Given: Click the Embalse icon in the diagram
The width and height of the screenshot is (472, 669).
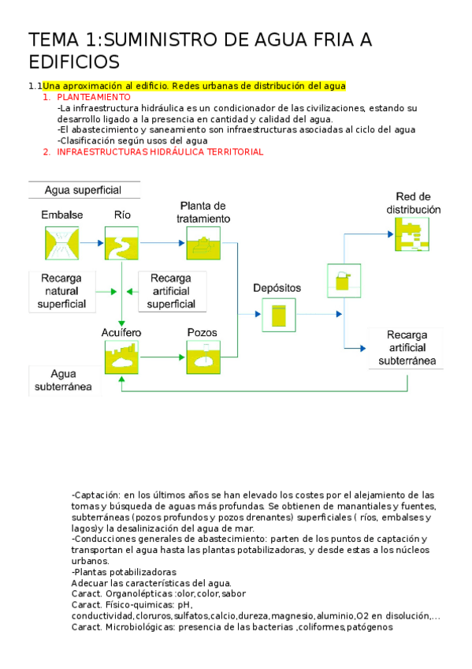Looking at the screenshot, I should click(x=61, y=243).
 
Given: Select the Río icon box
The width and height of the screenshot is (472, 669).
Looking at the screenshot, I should click(x=122, y=243).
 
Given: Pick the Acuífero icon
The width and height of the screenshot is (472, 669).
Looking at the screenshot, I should click(x=122, y=357).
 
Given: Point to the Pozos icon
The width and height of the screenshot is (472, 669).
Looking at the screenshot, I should click(x=203, y=357).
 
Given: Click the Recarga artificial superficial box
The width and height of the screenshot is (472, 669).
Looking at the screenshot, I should click(x=171, y=291).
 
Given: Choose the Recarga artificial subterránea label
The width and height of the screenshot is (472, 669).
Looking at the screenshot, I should click(x=406, y=348).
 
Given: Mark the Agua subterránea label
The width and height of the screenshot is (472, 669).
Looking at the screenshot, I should click(x=63, y=380).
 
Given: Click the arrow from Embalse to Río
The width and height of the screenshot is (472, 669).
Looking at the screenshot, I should click(x=91, y=243).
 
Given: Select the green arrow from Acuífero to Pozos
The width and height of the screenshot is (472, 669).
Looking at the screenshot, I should click(x=163, y=357).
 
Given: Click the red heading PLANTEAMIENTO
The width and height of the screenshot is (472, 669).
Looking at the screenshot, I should click(x=94, y=96).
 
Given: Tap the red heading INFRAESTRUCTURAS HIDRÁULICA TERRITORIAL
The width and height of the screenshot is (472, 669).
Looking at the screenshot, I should click(x=159, y=151).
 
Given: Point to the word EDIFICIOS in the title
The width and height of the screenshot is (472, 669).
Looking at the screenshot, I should click(x=74, y=62).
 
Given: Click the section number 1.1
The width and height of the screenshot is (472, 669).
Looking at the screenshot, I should click(x=35, y=85).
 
